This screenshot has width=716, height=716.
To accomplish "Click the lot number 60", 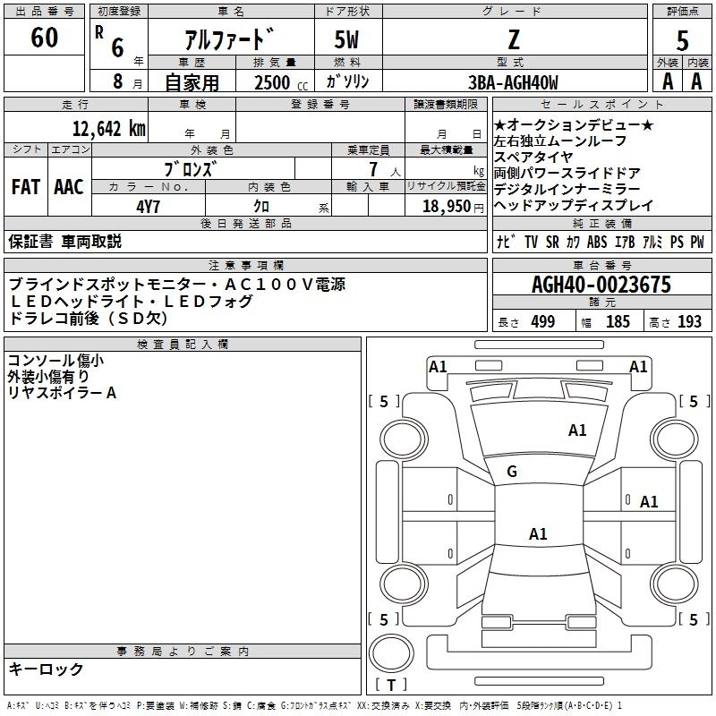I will [44, 38].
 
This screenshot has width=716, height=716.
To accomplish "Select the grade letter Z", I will [514, 39].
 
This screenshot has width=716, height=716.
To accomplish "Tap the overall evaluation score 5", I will [682, 40].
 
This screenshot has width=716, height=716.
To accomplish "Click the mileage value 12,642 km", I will [108, 129].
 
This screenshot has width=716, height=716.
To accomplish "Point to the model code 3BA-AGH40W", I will [513, 82].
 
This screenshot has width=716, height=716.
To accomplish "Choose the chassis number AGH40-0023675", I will [601, 286].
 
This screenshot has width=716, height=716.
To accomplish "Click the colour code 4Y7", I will [149, 206].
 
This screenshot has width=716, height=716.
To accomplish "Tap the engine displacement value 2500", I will [272, 83].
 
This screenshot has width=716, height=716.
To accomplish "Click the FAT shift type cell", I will [26, 187].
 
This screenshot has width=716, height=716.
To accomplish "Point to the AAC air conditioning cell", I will [68, 187].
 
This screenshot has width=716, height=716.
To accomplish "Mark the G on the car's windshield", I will [512, 472].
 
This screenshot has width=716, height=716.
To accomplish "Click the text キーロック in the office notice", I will [46, 669].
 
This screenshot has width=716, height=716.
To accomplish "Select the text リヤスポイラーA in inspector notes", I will [62, 392].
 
